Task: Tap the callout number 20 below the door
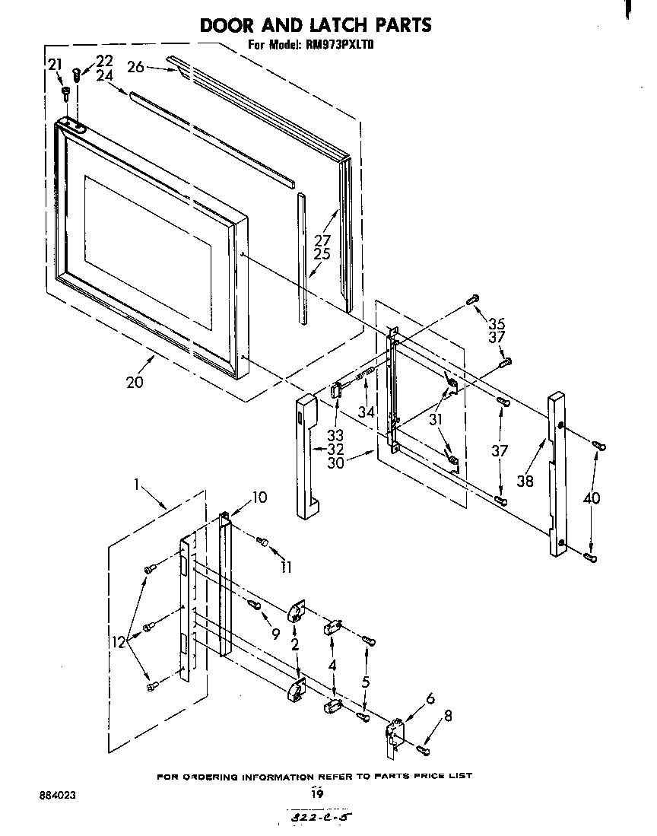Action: point(135,382)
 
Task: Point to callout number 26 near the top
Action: point(135,67)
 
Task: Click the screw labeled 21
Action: point(66,93)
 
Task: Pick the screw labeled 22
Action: point(77,75)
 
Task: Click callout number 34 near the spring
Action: point(367,412)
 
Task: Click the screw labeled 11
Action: point(263,542)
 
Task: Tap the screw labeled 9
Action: point(254,604)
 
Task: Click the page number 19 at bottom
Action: point(317,793)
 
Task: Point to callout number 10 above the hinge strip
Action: point(260,497)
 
